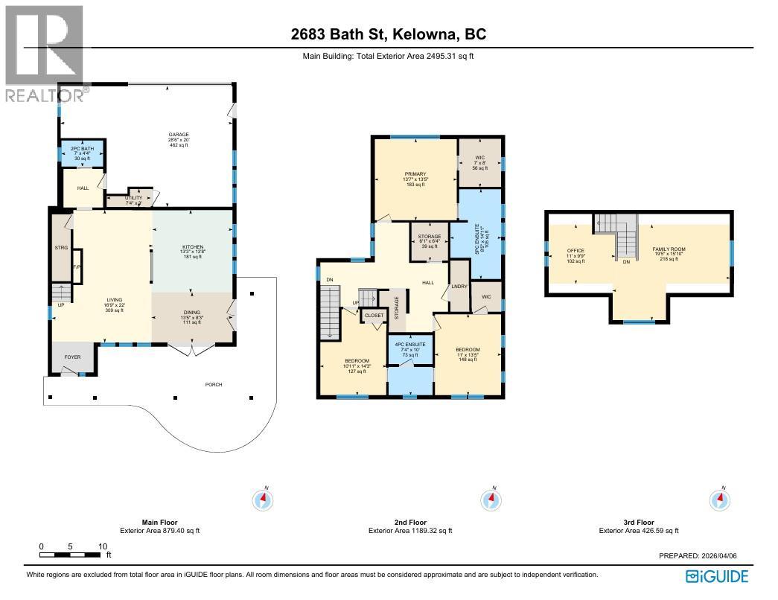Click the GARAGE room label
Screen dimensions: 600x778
(x=178, y=135)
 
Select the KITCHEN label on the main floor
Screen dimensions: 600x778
(x=193, y=247)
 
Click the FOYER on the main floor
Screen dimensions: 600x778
(x=72, y=357)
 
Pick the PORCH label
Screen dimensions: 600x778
(x=214, y=385)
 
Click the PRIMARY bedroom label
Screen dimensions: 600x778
(x=415, y=174)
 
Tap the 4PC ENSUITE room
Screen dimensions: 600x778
(x=409, y=345)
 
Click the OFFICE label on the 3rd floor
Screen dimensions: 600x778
(x=575, y=251)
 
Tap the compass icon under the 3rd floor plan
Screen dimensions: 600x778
(x=719, y=499)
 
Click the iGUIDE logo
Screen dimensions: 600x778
(x=717, y=576)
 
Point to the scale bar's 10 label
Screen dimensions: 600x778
(x=102, y=546)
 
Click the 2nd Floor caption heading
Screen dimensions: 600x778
(x=410, y=523)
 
